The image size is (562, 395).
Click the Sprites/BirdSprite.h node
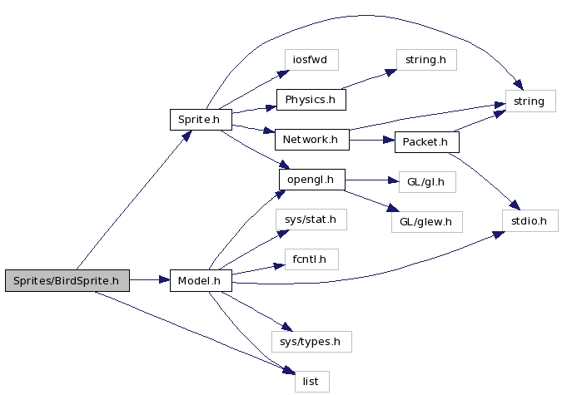click(67, 281)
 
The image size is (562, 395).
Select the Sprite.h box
click(200, 120)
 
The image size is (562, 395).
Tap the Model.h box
click(200, 281)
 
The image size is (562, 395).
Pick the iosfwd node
click(311, 61)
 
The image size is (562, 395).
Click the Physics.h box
click(311, 100)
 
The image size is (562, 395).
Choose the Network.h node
click(311, 139)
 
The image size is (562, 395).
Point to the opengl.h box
click(311, 180)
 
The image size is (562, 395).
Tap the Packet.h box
click(425, 142)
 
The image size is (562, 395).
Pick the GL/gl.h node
click(421, 181)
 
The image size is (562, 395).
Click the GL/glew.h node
click(425, 221)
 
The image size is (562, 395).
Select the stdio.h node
click(529, 220)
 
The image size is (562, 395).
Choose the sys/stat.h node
click(311, 220)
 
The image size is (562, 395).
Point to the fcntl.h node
click(311, 259)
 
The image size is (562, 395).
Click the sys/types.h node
click(311, 341)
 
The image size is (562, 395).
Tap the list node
click(311, 381)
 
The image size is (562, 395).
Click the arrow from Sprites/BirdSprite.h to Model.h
click(150, 281)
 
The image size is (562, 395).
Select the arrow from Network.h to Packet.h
click(371, 141)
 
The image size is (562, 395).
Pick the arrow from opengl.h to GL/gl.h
click(366, 180)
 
